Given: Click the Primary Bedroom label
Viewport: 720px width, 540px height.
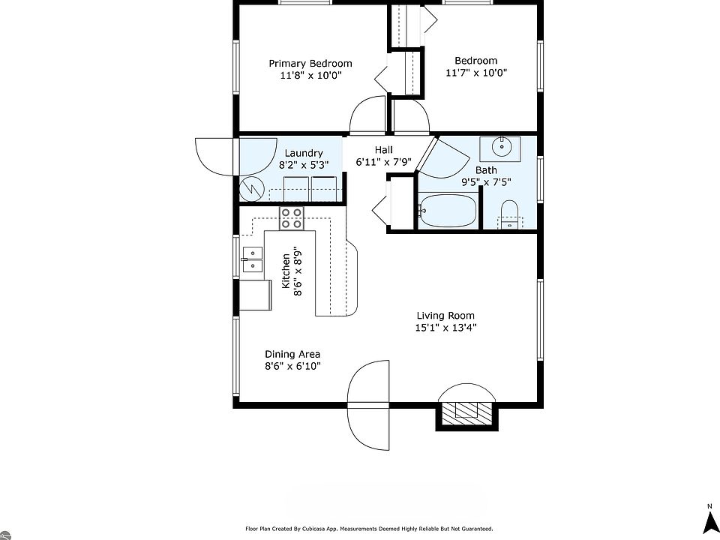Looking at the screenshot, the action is point(310,63).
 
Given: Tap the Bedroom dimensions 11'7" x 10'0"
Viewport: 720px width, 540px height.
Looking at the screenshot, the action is point(476,73).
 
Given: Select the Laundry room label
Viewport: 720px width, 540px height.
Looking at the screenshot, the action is point(304,153).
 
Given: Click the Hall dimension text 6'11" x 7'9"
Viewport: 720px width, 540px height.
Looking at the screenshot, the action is point(383,162).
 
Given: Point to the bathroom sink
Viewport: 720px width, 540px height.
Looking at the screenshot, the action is point(500,148).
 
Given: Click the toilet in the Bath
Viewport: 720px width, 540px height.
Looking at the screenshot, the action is point(508,215).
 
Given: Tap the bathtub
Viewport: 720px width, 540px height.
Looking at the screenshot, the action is point(447,211).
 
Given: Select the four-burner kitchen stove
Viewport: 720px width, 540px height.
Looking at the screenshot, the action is point(292,218).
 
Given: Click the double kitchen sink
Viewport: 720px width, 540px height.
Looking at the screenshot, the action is point(252,259).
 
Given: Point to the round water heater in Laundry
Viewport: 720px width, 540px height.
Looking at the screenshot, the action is point(251,189).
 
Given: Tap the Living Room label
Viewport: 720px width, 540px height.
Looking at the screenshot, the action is point(445,316).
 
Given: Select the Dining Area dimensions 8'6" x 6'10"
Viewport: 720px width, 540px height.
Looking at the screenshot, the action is point(292,366).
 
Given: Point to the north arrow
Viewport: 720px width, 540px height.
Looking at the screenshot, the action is point(711,521).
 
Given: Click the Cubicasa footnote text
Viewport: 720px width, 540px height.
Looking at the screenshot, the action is point(369,529).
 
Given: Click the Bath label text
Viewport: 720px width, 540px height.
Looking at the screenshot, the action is point(486,170).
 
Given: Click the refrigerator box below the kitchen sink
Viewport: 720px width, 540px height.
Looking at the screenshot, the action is point(255,295).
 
